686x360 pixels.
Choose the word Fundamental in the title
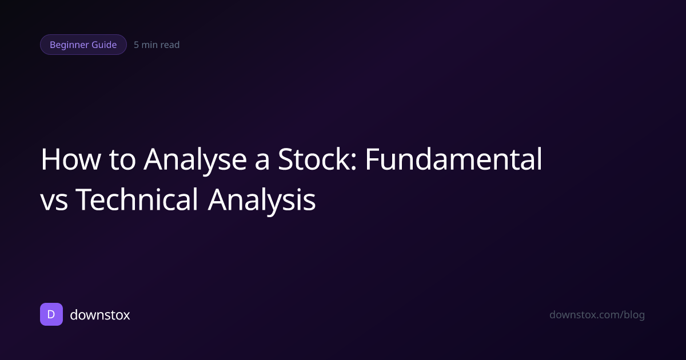coord(454,160)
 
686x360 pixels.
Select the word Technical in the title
coord(137,200)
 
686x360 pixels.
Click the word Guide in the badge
coord(105,45)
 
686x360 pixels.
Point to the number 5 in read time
coord(137,45)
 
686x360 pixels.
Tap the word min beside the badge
coord(150,45)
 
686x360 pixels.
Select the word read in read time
coord(170,45)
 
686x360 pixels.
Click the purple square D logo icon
coord(51,314)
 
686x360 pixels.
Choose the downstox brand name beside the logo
coord(99,314)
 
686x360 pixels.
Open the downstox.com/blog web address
coord(597,315)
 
